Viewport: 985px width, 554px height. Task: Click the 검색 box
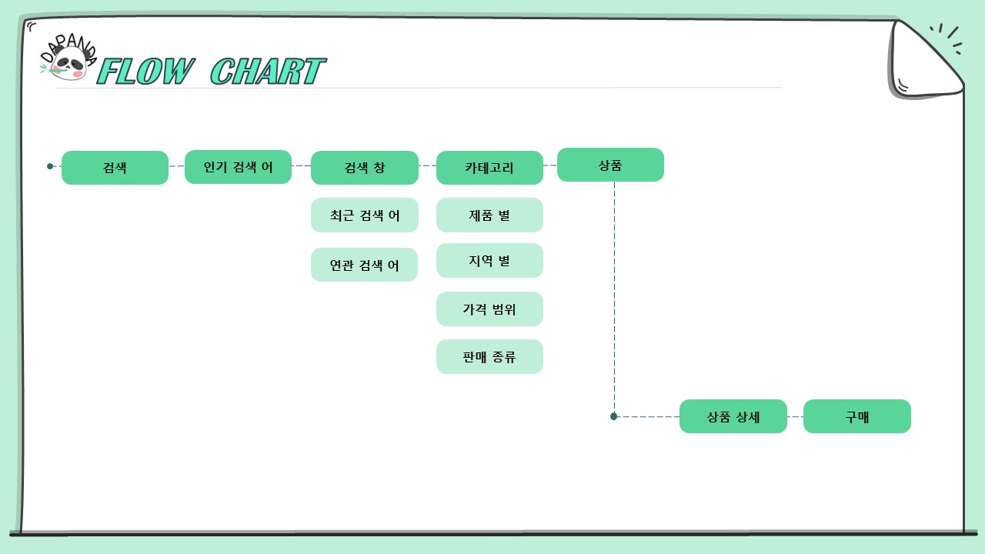tap(115, 168)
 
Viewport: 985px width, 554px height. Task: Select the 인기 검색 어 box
tap(238, 167)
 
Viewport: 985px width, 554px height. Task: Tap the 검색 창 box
tap(365, 168)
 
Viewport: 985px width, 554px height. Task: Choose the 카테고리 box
tap(489, 168)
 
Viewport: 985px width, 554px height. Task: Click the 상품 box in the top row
tap(610, 165)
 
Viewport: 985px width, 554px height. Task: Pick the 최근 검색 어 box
tap(365, 215)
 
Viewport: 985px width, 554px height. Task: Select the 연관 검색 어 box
tap(364, 265)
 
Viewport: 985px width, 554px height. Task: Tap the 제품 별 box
tap(489, 215)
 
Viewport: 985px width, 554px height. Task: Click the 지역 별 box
tap(489, 260)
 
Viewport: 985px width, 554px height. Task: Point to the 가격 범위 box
tap(489, 309)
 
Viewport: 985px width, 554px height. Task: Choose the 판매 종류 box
tap(489, 356)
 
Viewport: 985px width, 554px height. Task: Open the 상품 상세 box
tap(733, 416)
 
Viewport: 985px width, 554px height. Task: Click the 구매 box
tap(857, 416)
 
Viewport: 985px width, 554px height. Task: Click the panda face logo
tap(68, 63)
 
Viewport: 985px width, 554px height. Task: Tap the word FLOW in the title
tap(145, 72)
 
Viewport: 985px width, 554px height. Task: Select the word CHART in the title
tap(267, 71)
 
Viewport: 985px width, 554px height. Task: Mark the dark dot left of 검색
tap(50, 166)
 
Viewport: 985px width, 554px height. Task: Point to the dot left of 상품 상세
tap(614, 416)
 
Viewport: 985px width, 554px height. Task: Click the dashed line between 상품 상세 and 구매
tap(795, 416)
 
